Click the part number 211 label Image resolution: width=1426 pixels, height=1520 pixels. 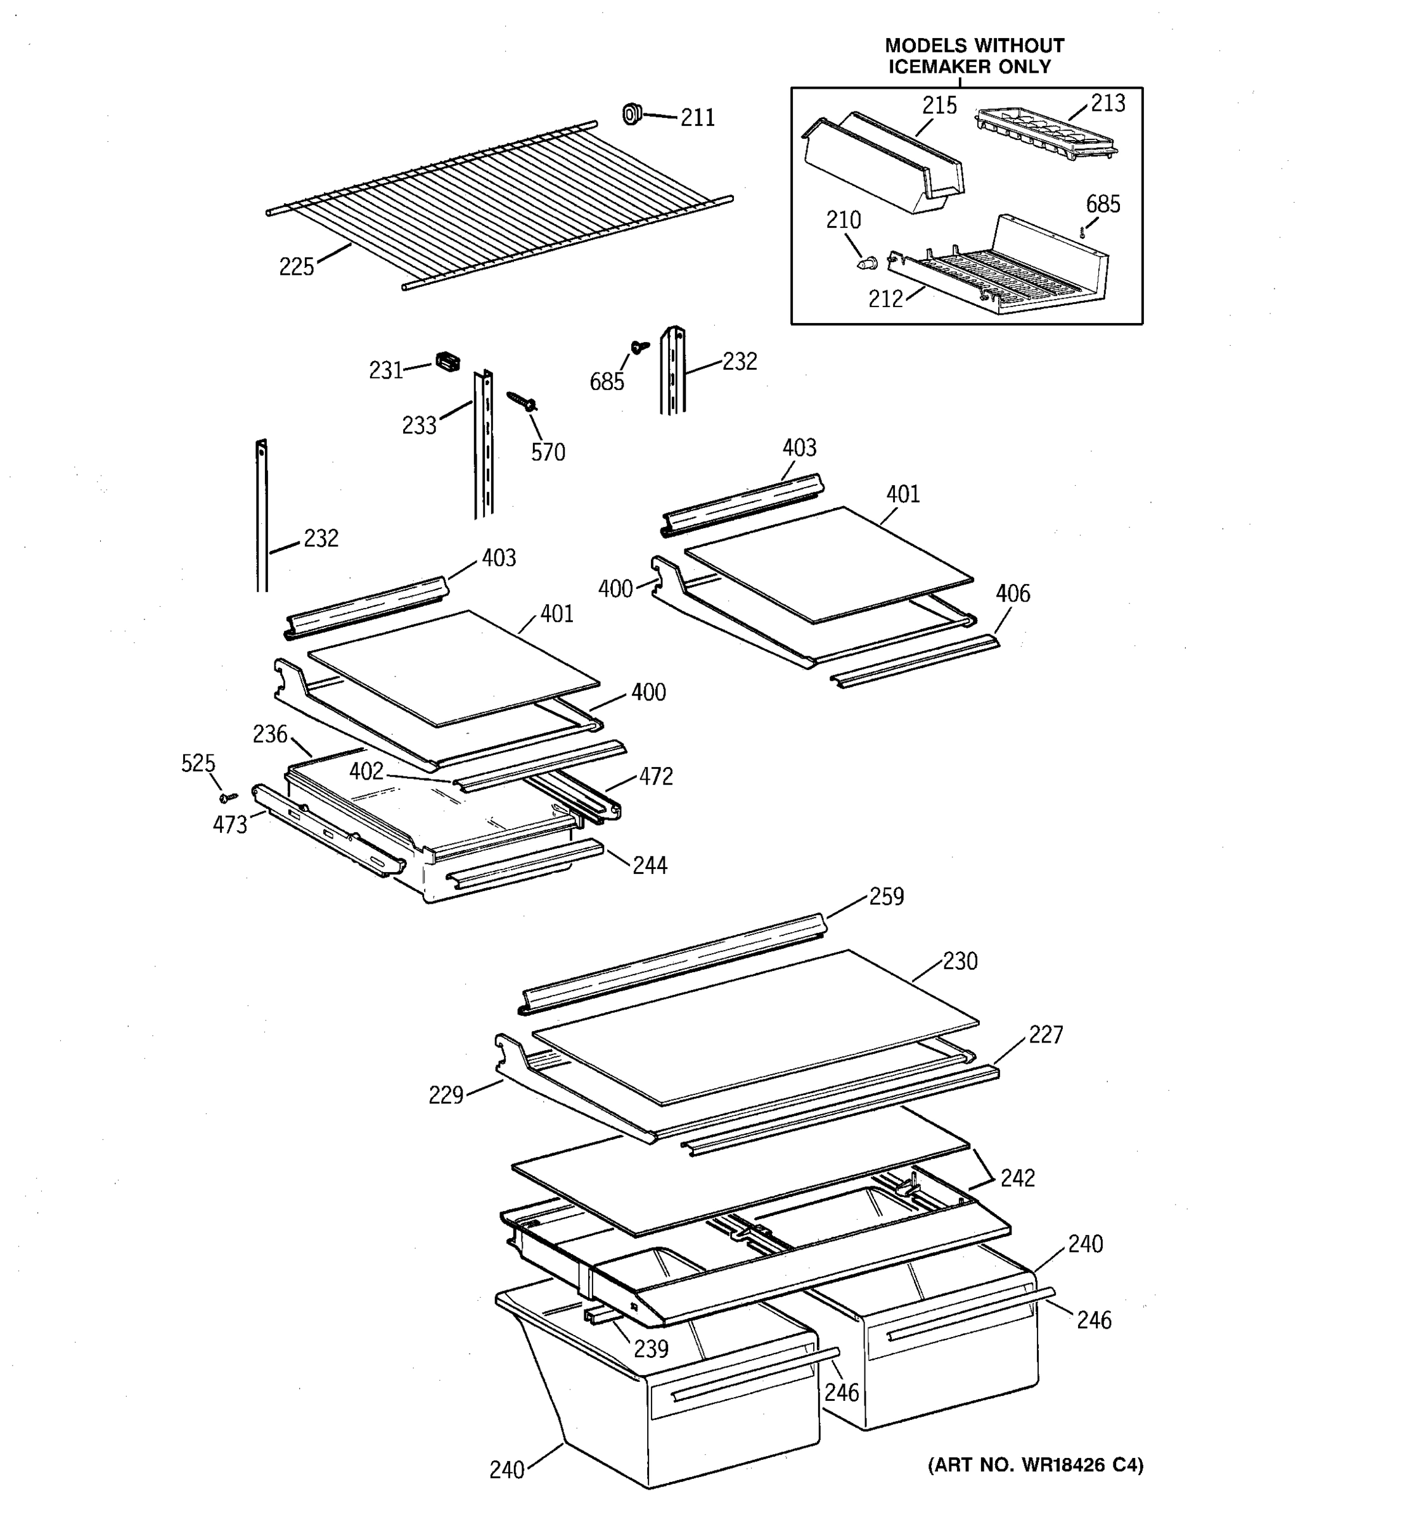697,118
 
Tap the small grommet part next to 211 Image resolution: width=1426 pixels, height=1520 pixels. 631,114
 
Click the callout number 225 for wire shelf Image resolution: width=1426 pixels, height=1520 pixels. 296,267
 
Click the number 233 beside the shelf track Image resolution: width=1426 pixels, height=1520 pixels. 418,426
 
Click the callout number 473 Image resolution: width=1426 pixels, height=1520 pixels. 229,825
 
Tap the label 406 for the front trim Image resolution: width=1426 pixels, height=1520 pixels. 1012,593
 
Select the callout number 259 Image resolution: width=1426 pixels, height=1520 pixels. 886,896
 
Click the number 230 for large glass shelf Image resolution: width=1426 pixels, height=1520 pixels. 960,961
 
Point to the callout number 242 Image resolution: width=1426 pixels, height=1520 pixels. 1017,1178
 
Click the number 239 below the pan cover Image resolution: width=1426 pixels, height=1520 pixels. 650,1349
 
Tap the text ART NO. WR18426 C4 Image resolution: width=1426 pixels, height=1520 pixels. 1035,1465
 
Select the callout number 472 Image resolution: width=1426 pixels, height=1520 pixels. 655,777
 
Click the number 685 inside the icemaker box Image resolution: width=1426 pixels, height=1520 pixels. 1102,204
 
